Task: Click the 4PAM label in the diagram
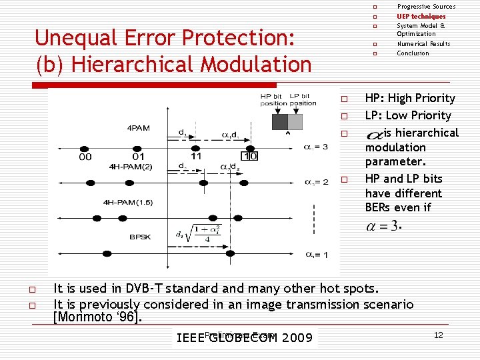(x=139, y=127)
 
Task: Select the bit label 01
(x=138, y=157)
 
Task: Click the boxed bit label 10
(x=249, y=156)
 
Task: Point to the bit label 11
(x=196, y=156)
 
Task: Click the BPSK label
(x=140, y=237)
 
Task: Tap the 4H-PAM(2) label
(x=131, y=167)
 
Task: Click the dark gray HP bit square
(x=280, y=121)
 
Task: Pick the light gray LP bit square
(x=295, y=121)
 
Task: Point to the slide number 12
(x=438, y=335)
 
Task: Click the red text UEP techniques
(x=421, y=16)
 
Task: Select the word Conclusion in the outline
(x=413, y=53)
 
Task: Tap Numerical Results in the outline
(x=423, y=44)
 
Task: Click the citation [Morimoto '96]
(x=97, y=317)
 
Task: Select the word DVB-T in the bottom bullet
(x=141, y=289)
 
